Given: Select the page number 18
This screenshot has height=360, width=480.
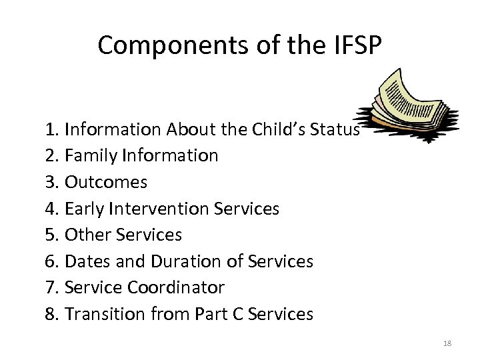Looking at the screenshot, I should (447, 343).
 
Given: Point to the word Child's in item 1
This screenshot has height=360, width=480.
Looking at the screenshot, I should (267, 129).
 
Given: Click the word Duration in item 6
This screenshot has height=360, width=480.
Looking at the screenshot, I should (188, 261).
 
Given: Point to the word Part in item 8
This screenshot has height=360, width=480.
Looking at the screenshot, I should (207, 314).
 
